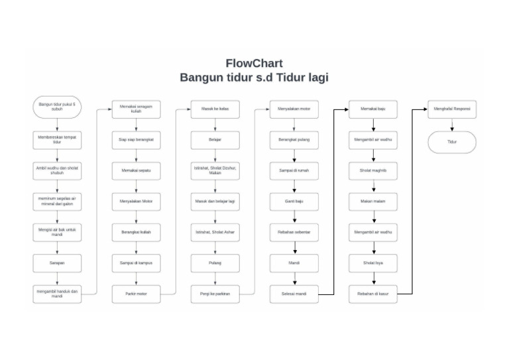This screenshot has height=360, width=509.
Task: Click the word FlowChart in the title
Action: (x=254, y=64)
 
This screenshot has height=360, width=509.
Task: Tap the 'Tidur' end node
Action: (x=451, y=142)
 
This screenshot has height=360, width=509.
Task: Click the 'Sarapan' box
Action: (x=57, y=263)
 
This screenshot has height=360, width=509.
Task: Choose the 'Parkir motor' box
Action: (x=136, y=294)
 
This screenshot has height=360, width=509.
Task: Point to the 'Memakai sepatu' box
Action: (x=136, y=170)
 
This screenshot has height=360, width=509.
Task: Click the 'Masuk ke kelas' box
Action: (x=215, y=109)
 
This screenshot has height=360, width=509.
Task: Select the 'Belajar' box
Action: (x=215, y=140)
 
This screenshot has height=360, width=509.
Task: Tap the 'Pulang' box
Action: (x=215, y=263)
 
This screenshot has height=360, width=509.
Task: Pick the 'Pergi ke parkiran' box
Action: (x=215, y=294)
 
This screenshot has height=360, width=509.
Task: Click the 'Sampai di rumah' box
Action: (x=294, y=170)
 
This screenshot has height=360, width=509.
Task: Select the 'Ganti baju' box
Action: (x=294, y=201)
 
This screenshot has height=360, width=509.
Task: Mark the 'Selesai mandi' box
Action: (x=294, y=294)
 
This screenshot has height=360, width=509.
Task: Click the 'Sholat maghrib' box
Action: (x=373, y=170)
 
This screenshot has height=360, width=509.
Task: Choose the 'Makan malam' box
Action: (x=373, y=201)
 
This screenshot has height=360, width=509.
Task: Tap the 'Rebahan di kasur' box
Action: (x=373, y=294)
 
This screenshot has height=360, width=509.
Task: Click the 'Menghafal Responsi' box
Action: (x=451, y=109)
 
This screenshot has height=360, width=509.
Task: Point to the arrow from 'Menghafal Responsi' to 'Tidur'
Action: (x=451, y=125)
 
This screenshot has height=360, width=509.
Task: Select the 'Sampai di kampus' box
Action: (x=136, y=263)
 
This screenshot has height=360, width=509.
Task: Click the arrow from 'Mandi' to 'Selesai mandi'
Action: (x=294, y=278)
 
